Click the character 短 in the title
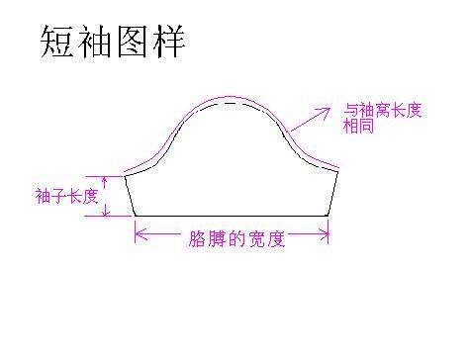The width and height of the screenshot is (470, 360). pos(57,42)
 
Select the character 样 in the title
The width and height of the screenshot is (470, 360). pos(169,42)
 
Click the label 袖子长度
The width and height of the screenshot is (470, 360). pos(67,196)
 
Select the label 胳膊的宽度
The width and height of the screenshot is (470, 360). pos(236,238)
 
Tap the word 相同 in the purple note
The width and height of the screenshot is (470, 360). pos(359,126)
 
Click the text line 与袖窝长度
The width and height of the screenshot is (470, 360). pos(383,110)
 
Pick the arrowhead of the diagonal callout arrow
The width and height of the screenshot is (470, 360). pos(326,111)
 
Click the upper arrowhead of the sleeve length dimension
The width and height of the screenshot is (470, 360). pos(105,179)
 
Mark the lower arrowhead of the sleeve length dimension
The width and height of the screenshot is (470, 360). pos(106,212)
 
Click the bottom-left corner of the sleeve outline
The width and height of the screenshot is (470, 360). pos(135,216)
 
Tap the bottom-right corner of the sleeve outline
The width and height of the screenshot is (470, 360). pos(329,216)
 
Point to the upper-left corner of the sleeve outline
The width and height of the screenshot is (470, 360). pos(125,176)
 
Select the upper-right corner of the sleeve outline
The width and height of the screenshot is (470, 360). pos(338,171)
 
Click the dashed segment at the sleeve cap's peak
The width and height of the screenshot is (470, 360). pos(234,103)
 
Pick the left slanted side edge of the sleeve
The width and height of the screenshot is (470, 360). pos(130,196)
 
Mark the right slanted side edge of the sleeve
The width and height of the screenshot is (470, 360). pos(333,194)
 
